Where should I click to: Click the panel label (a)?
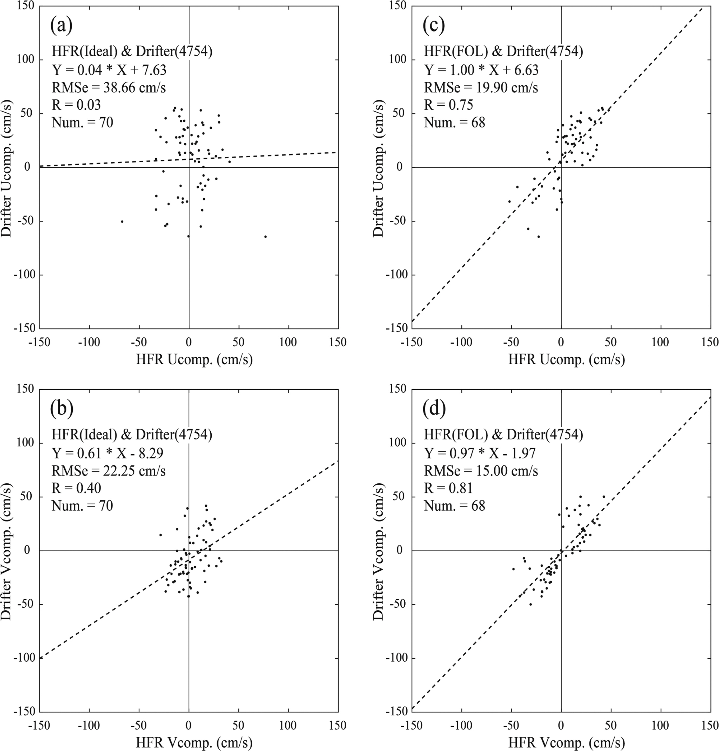coord(61,26)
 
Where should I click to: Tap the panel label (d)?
coord(434,409)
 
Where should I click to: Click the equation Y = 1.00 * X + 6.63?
coord(481,70)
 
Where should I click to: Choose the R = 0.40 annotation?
coord(76,488)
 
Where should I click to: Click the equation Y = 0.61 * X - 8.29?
coord(108,453)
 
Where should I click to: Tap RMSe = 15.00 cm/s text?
coord(481,471)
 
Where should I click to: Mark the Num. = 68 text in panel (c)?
coord(454,123)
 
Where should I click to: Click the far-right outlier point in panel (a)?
coord(265,237)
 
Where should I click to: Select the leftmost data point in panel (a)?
coord(122,221)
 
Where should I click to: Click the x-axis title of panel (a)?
coord(194,360)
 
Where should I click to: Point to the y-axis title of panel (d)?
coord(378,551)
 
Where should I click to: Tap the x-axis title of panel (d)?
coord(567,743)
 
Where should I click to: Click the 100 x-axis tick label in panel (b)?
coord(288,725)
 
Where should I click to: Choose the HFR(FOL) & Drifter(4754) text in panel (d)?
coord(503,435)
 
